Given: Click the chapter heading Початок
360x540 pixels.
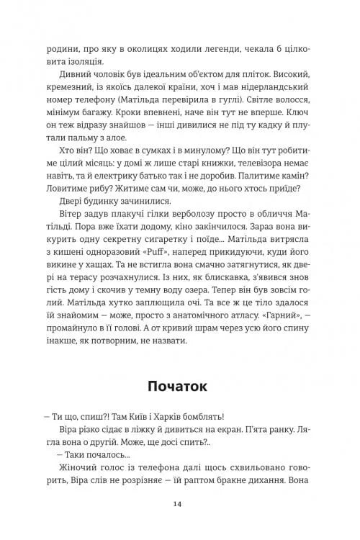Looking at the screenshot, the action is coord(180,385).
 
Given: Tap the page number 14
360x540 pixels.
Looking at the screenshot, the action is coord(180,504).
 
